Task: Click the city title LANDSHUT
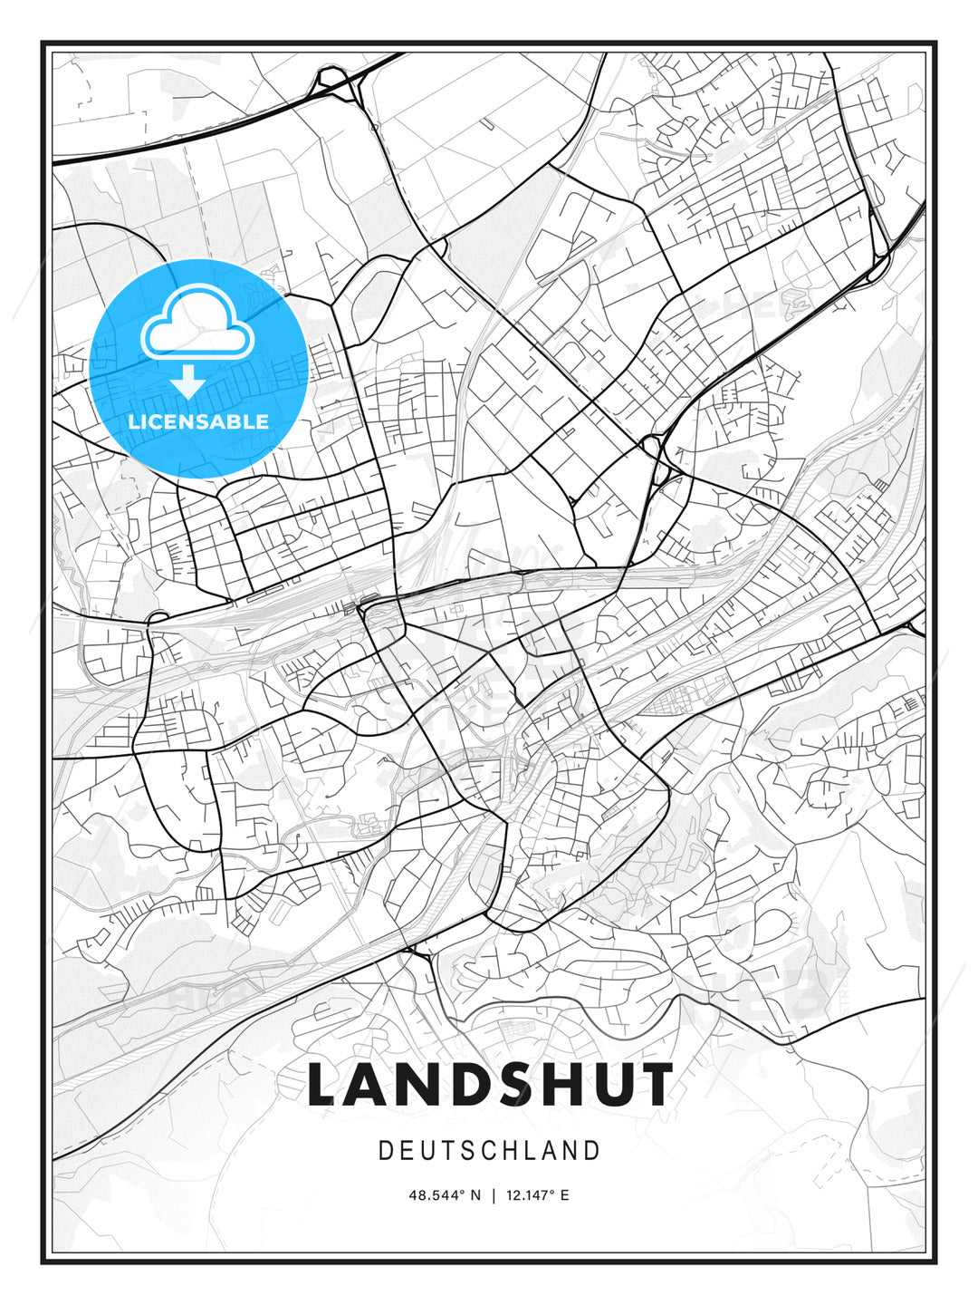[x=490, y=1085]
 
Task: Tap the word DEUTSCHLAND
[x=490, y=1151]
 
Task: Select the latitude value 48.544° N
[x=445, y=1195]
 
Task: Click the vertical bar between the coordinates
[x=494, y=1195]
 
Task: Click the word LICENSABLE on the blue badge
[x=198, y=421]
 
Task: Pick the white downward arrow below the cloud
[x=187, y=382]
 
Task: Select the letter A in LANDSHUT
[x=371, y=1085]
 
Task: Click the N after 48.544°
[x=476, y=1195]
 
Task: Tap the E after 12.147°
[x=565, y=1195]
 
